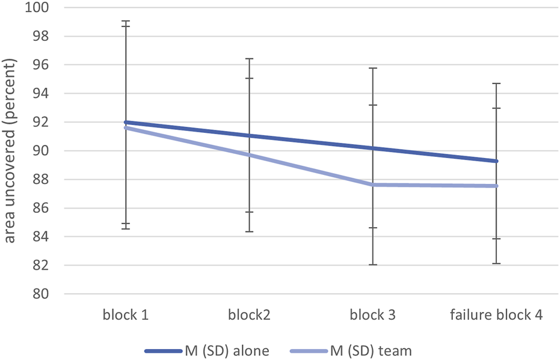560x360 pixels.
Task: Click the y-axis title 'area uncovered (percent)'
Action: [x=11, y=150]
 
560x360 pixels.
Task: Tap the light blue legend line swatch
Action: [x=310, y=350]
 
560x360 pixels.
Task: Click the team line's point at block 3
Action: [x=373, y=185]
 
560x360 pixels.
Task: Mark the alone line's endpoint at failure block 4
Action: [x=497, y=161]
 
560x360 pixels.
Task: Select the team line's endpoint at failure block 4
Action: [x=497, y=186]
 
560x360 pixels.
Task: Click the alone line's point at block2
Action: [x=249, y=136]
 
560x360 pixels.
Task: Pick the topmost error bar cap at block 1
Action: [x=126, y=21]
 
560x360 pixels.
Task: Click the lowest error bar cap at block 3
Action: [x=373, y=264]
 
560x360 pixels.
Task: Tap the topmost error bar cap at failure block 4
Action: [x=497, y=84]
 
